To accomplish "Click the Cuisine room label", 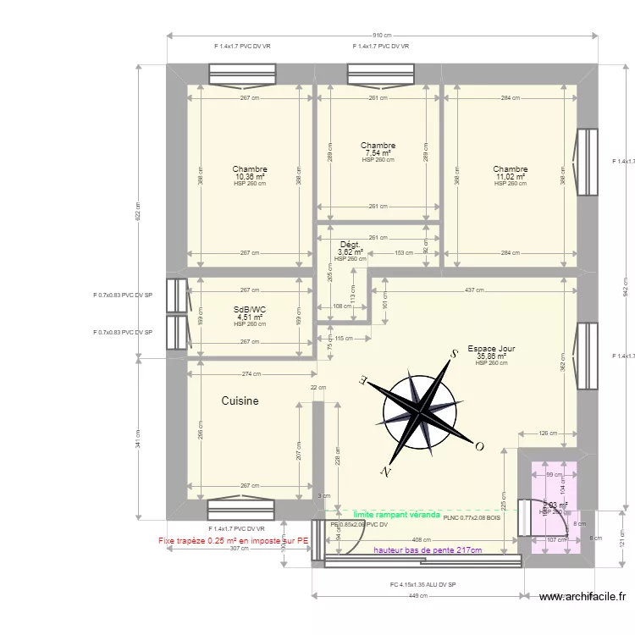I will click(x=240, y=401).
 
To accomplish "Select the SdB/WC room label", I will click(x=250, y=310).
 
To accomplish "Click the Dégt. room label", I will click(x=350, y=245).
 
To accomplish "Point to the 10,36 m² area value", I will click(x=250, y=176).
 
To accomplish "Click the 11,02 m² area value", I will click(x=511, y=176).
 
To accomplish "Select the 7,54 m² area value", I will click(x=378, y=153).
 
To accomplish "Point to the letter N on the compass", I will click(x=386, y=471).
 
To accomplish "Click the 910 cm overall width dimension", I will click(x=381, y=36).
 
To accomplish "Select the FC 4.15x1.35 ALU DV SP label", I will click(x=422, y=584).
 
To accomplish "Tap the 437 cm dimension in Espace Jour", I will click(x=473, y=290).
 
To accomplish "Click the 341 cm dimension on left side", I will click(x=139, y=438).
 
